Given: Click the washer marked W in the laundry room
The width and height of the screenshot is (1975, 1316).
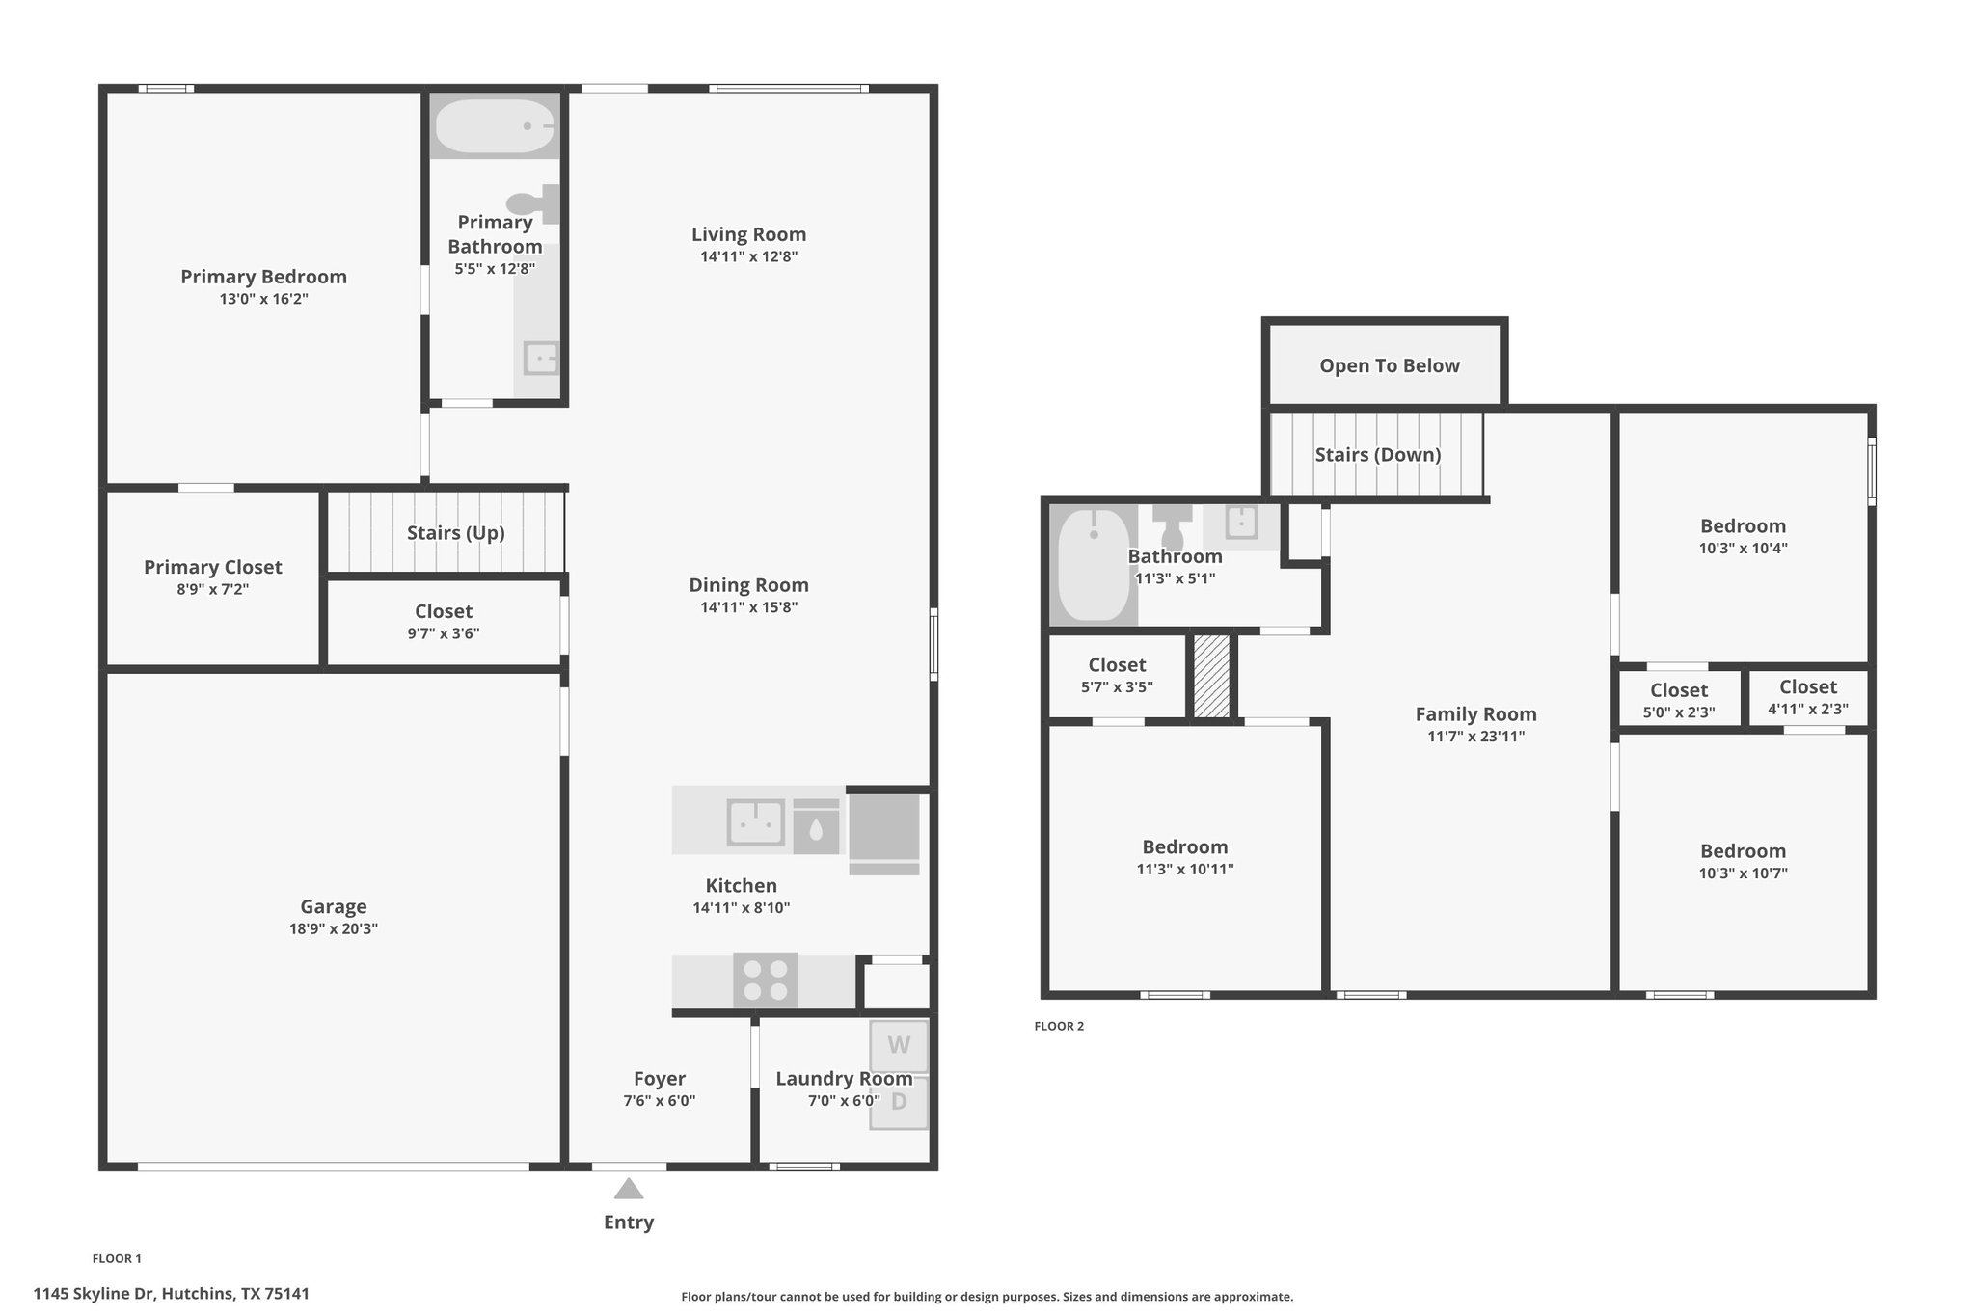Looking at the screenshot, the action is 899,1046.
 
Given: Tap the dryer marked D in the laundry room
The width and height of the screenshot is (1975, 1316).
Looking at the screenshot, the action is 899,1102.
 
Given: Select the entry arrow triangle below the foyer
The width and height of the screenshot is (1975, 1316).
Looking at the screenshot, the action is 629,1189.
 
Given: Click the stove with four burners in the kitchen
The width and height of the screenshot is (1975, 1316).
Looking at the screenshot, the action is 766,980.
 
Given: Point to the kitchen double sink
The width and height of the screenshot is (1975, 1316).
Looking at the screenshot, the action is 755,822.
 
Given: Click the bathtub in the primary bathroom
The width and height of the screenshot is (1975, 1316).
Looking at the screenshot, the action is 494,126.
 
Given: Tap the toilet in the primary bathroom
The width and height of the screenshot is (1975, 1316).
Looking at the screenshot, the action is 533,203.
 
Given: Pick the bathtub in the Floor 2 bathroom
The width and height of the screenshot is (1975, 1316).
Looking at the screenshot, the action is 1095,565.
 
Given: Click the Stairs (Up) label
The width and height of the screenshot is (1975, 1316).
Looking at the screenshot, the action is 456,533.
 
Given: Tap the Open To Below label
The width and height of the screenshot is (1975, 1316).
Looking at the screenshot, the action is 1390,365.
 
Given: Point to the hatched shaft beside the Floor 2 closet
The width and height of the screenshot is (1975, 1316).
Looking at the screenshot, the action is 1212,676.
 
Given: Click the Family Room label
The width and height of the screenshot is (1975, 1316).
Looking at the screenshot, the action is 1475,714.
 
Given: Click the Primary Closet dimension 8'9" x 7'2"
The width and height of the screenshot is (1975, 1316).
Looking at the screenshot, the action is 213,589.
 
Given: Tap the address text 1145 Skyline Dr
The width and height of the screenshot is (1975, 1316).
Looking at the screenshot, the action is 95,1294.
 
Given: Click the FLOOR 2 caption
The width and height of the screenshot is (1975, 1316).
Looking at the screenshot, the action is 1059,1026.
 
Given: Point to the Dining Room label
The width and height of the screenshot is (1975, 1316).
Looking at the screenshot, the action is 748,585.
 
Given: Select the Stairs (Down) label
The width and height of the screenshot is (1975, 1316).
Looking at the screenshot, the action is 1378,455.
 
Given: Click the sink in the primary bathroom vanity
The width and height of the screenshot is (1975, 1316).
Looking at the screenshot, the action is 541,358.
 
